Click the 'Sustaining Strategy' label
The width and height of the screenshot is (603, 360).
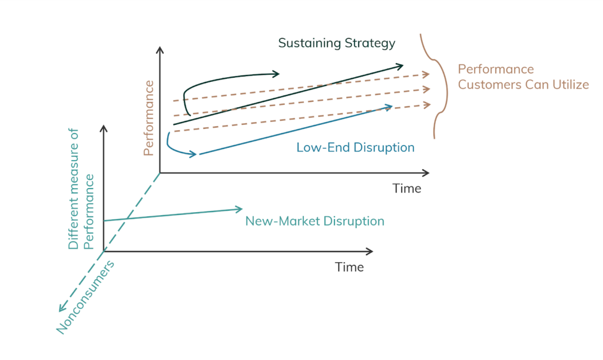point(336,43)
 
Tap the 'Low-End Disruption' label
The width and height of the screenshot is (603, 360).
point(355,147)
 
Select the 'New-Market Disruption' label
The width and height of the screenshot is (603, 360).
point(314,221)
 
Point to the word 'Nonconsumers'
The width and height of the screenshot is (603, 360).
point(85,298)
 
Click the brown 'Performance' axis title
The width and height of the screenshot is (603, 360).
point(148,118)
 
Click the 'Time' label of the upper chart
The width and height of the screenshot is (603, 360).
point(406,189)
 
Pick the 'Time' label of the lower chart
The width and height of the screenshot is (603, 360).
point(349,267)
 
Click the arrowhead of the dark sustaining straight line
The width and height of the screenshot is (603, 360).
point(400,67)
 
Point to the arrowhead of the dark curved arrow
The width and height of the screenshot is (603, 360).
point(276,74)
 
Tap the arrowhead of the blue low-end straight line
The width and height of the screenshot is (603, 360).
point(389,107)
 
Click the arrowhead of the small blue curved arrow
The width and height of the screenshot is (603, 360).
point(193,154)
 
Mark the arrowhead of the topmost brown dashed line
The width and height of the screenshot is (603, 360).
point(425,74)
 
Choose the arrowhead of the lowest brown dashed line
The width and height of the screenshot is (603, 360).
point(426,105)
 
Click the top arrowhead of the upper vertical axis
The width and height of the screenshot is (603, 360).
point(160,51)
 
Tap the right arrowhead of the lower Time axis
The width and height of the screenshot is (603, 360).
point(369,252)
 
